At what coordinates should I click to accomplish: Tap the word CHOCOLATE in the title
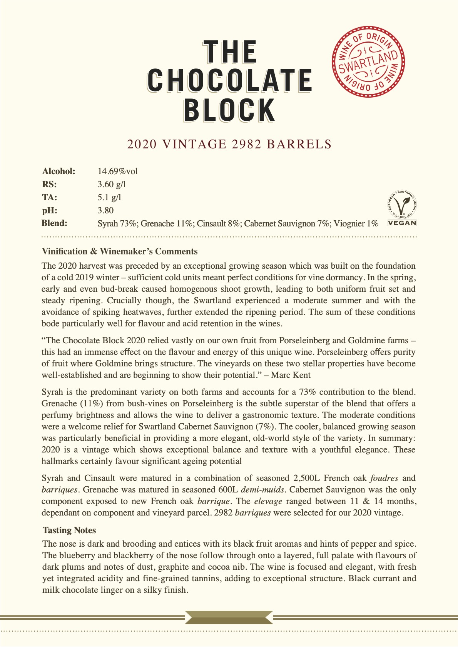coord(229,81)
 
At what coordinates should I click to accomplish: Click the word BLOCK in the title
coord(229,110)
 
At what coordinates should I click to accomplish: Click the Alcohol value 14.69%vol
coord(117,171)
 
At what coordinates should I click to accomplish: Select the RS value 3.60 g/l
coord(112,185)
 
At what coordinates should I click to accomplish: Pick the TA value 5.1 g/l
coord(109,198)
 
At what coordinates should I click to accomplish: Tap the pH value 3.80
coord(105,211)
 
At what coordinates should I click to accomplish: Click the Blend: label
coord(54,223)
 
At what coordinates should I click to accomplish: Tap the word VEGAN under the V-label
coord(402,223)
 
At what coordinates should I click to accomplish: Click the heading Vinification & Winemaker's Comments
coord(119,251)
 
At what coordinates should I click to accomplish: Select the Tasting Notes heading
coord(69,531)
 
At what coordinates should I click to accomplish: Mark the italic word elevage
coord(268,501)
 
